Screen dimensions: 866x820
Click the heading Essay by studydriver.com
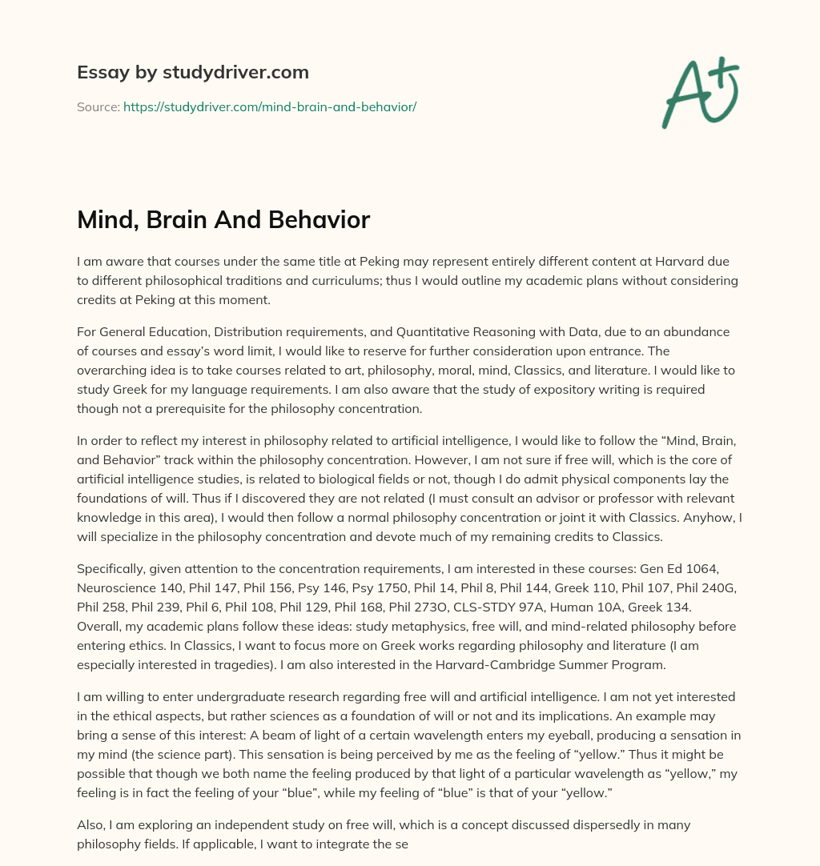[192, 72]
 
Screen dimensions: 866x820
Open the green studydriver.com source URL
[270, 106]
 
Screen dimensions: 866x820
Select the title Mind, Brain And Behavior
[223, 220]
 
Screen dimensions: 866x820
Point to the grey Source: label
[98, 106]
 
